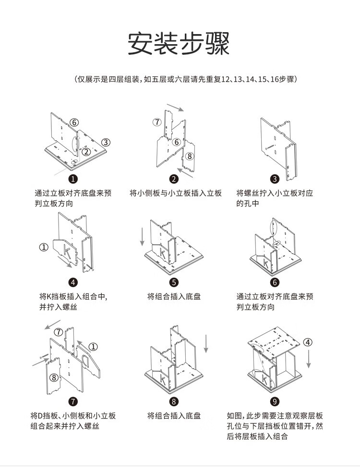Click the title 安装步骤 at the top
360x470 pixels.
(179, 43)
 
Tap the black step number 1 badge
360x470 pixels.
(73, 179)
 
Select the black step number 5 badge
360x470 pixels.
(174, 282)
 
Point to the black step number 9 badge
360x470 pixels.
(275, 401)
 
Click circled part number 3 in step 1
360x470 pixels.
(106, 143)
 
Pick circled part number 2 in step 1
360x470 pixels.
(86, 152)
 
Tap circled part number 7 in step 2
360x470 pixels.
(157, 122)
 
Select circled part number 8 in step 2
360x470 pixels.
(189, 156)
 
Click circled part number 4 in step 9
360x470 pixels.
(308, 342)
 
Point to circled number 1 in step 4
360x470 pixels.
(44, 247)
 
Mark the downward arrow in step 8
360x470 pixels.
(206, 344)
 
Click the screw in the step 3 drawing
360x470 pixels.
(270, 146)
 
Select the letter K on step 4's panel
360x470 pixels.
(68, 252)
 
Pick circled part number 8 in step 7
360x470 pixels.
(54, 377)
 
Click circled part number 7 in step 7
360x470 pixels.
(59, 332)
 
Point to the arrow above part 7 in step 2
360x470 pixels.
(175, 108)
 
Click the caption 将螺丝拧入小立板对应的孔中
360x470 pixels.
(275, 198)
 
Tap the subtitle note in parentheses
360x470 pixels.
(186, 79)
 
